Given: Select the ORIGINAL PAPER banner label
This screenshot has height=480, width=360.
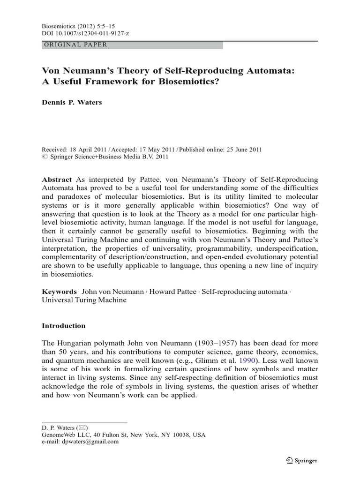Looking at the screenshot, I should coord(75,45).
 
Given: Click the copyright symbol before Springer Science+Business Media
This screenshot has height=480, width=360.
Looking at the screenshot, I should coord(45,157).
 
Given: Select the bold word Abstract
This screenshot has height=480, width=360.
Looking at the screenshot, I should coord(57,180).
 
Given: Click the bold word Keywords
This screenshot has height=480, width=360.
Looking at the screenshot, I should coord(59,292).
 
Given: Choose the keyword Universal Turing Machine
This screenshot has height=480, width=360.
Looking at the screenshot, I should coord(84,300).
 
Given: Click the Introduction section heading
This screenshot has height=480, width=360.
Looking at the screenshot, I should coord(64,325).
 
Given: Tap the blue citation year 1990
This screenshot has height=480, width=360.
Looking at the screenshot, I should coord(249,360).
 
